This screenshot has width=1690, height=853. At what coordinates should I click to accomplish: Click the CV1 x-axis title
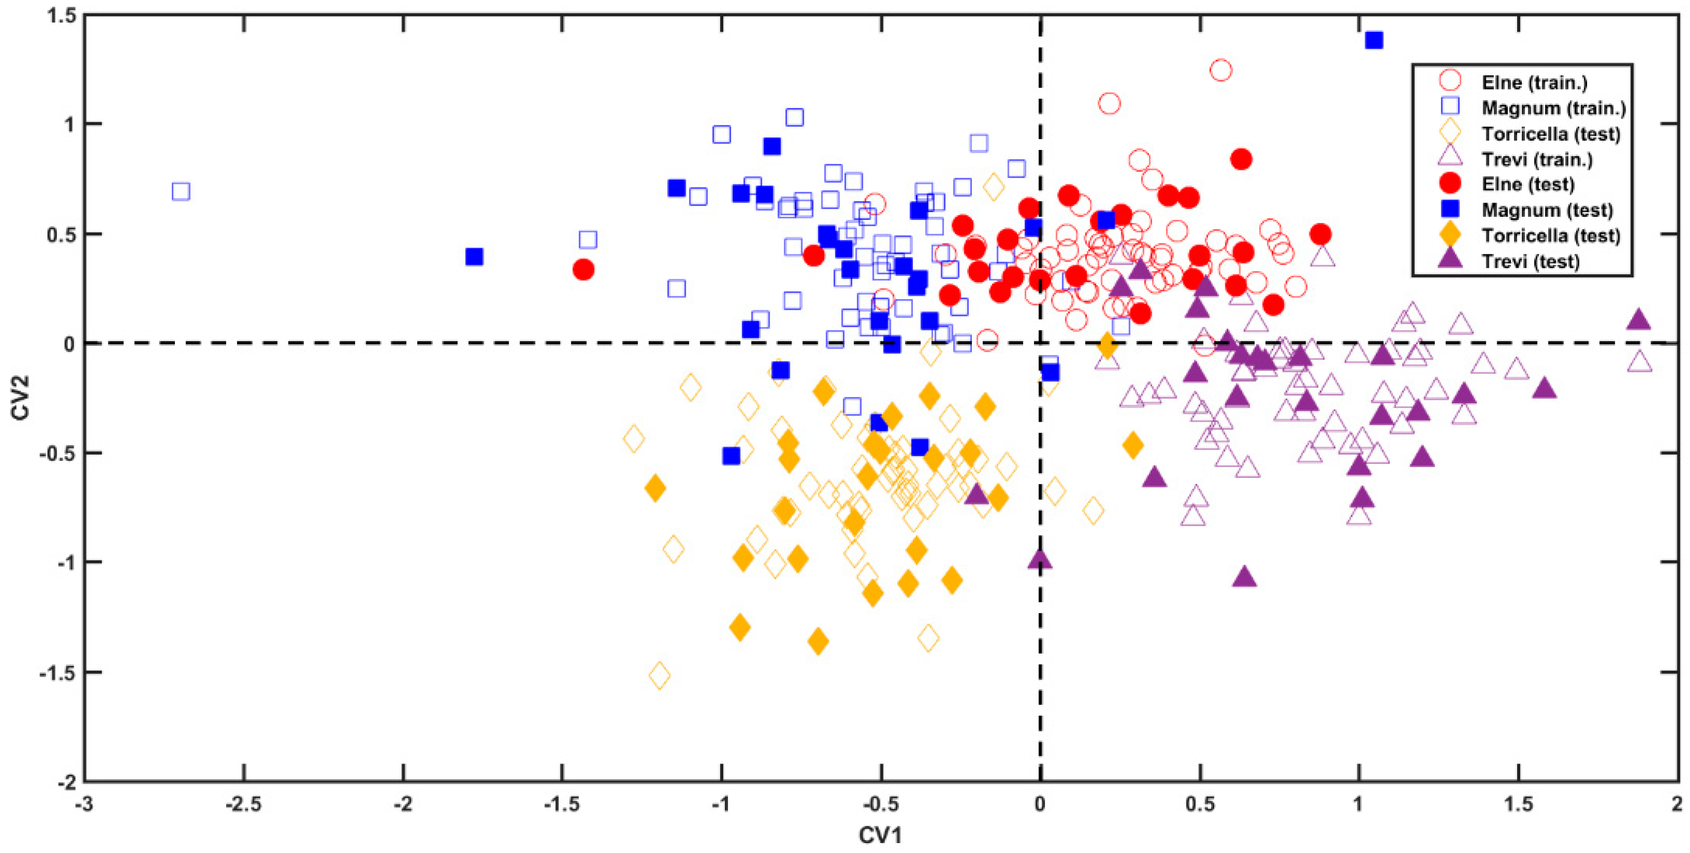coord(880,835)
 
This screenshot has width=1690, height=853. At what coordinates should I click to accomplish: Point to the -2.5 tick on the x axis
coord(243,804)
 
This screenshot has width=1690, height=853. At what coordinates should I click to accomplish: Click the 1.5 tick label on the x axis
coord(1518,804)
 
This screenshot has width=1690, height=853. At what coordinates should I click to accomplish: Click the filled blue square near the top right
coord(1374,41)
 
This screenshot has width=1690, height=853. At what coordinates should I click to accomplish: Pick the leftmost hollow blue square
coord(181,192)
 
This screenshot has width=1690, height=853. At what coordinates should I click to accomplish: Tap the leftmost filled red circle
coord(583,269)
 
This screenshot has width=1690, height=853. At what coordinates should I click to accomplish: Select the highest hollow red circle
coord(1220,70)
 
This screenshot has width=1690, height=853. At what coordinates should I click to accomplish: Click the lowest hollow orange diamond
coord(659,675)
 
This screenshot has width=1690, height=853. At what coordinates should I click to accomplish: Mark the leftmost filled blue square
coord(474,256)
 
